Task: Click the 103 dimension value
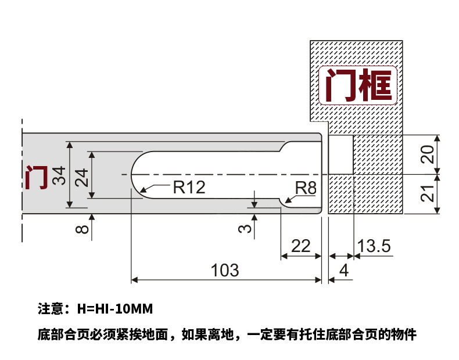(x=225, y=270)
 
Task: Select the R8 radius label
(x=306, y=188)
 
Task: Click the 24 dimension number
(x=81, y=175)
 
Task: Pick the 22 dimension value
(x=300, y=246)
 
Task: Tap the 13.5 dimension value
(x=374, y=246)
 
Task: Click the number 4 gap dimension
(x=343, y=271)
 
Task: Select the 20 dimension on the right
(x=428, y=154)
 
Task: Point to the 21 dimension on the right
(x=428, y=193)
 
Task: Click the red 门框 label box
(x=358, y=85)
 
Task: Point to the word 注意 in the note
(x=49, y=307)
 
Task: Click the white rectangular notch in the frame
(x=342, y=154)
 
